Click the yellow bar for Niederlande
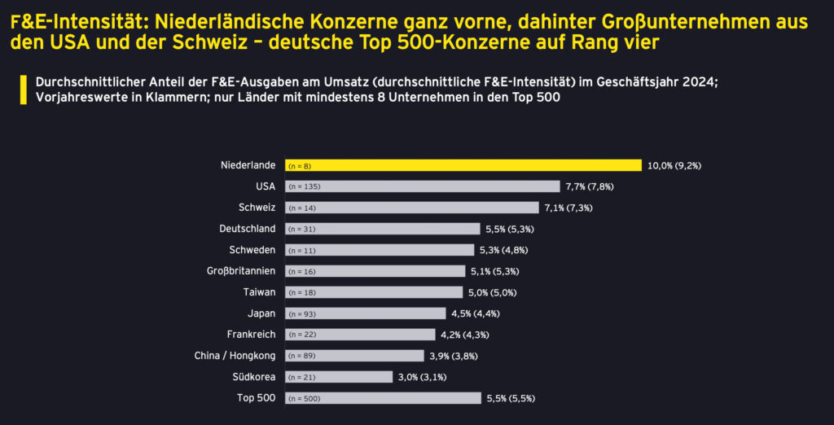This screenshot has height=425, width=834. pos(463,165)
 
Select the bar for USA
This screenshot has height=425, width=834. pos(422,186)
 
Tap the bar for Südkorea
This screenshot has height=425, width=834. pos(338,377)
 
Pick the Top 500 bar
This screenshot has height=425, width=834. pos(383,398)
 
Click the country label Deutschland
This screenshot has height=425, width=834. pos(248,229)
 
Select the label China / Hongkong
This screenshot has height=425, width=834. pos(235,356)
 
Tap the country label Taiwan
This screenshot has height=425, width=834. pos(260,292)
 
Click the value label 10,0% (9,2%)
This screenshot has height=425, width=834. pos(674,165)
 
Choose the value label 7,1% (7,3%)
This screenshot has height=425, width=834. pos(568,208)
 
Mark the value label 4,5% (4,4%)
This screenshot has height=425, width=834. pos(475,313)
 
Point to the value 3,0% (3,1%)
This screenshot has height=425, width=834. pos(422,377)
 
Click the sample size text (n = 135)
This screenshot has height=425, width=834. pos(305,186)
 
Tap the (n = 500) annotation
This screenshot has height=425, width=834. pos(305,398)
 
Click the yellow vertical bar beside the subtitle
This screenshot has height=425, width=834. pos(24,90)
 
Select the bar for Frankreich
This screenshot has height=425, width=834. pos(360,335)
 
